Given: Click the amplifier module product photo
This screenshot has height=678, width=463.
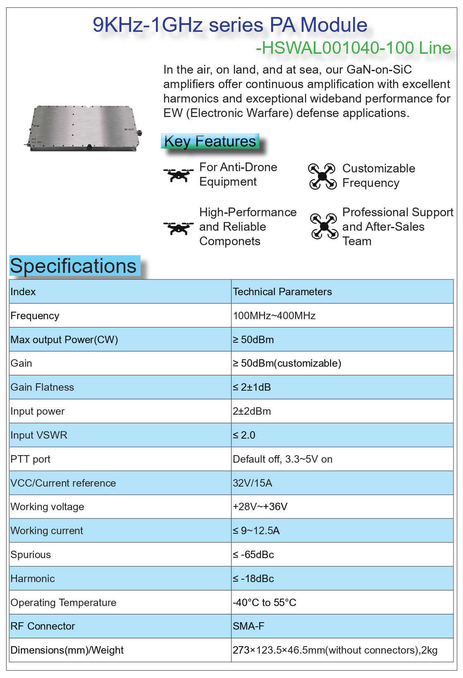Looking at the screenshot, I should click(85, 128).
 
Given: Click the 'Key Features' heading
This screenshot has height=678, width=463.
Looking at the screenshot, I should click(210, 141).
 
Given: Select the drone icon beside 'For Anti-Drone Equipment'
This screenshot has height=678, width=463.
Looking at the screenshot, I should click(178, 174).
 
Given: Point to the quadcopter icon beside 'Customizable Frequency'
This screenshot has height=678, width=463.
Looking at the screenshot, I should click(322, 176).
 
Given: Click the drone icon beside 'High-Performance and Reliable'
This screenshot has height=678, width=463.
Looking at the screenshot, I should click(178, 227).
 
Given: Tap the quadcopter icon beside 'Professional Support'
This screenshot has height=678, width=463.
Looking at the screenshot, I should click(324, 226).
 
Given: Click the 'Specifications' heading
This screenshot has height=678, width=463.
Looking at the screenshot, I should click(73, 266).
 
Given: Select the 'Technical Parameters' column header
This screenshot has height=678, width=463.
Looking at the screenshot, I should click(282, 292).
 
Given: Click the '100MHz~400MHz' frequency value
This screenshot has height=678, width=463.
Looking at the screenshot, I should click(274, 316).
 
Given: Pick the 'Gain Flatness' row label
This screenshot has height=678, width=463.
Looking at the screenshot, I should click(42, 387).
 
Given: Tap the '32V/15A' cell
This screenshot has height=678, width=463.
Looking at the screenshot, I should click(252, 483).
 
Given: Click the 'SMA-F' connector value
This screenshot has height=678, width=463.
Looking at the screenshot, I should click(248, 626).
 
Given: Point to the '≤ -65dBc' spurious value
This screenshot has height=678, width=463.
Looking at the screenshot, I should click(253, 555).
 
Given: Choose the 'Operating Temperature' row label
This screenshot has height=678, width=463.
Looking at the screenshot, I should click(63, 603).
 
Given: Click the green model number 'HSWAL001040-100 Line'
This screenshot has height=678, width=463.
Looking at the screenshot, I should click(354, 48).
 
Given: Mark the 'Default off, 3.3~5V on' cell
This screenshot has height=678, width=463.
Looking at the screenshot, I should click(282, 459).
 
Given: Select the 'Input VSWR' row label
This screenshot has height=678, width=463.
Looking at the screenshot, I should click(39, 435).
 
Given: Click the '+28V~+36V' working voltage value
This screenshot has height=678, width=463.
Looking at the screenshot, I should click(260, 507).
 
